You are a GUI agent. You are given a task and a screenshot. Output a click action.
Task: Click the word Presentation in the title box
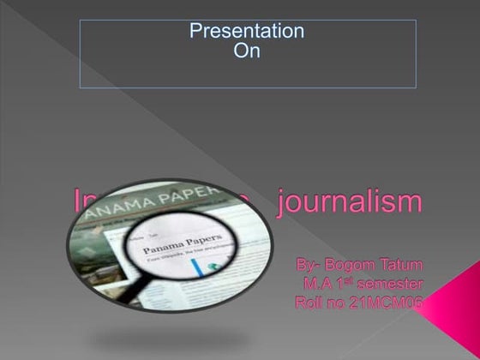tap(247, 32)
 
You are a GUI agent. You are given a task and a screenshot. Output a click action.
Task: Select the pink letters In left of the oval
tap(87, 202)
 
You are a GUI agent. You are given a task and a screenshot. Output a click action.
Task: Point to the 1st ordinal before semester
tap(345, 281)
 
